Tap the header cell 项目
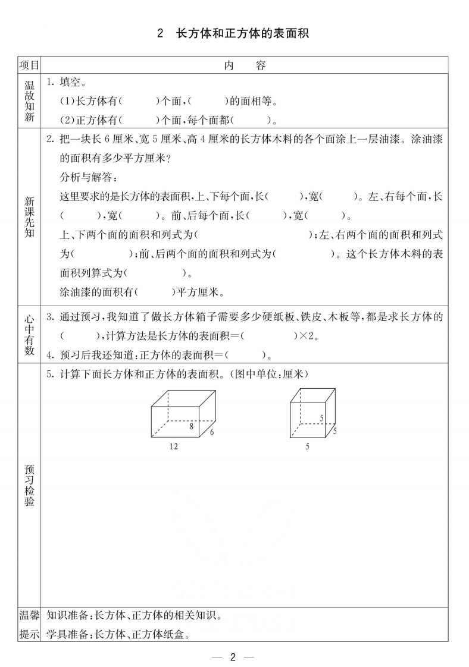click(x=29, y=65)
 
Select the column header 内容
click(x=245, y=65)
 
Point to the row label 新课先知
click(x=29, y=216)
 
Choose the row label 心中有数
click(x=29, y=335)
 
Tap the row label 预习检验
click(x=29, y=485)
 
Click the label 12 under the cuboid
click(x=173, y=445)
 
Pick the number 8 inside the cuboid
click(x=192, y=426)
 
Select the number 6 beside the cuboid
click(x=211, y=432)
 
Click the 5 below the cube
click(x=307, y=445)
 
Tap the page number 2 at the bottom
click(x=233, y=656)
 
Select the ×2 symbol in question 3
click(x=305, y=336)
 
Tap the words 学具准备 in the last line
click(x=67, y=634)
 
